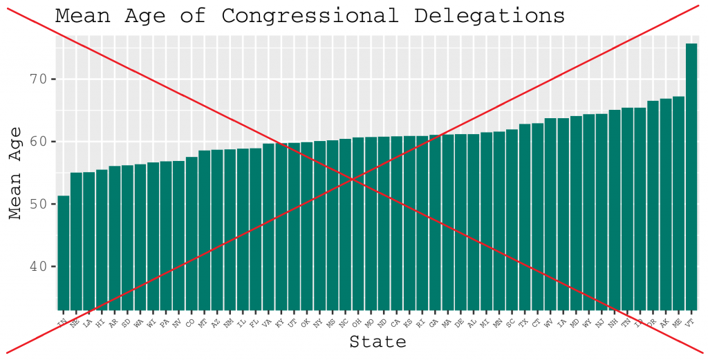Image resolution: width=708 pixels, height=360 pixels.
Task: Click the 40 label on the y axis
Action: [39, 267]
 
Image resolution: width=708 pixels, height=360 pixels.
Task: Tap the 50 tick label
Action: [39, 205]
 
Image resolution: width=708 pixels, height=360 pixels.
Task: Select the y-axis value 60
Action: [39, 142]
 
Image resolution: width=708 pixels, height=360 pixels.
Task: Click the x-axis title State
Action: [378, 341]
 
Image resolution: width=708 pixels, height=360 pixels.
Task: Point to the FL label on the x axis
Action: [254, 323]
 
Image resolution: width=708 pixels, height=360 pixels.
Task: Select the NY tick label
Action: [317, 323]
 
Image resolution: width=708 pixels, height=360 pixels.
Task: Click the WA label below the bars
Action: [138, 323]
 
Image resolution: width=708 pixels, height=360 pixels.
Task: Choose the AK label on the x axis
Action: [664, 323]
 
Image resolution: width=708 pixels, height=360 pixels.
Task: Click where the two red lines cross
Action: [353, 179]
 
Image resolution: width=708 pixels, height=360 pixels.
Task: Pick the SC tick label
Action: [510, 323]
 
